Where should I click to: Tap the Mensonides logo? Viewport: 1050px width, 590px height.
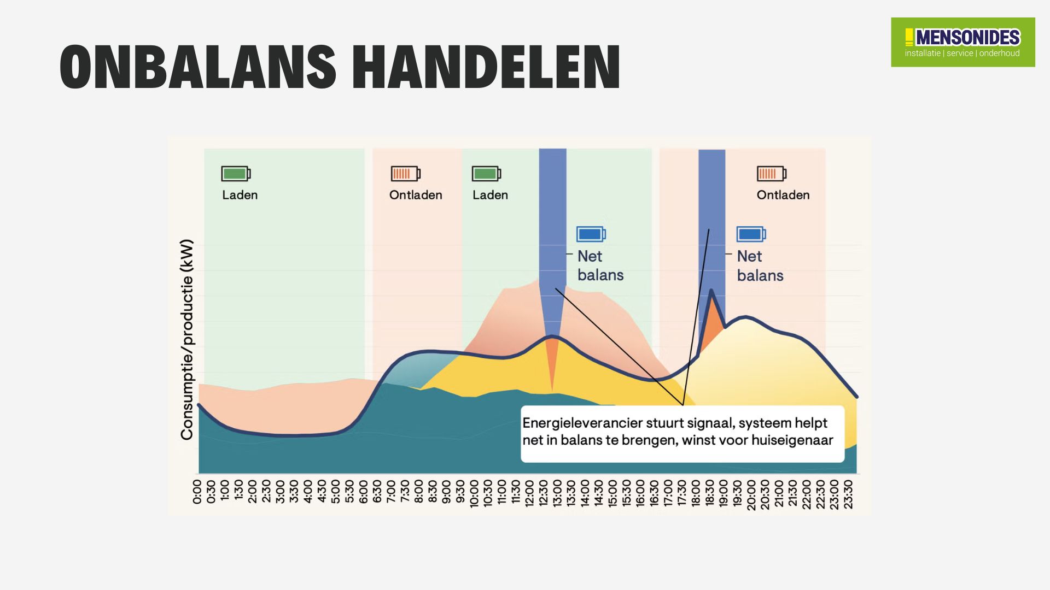pos(962,42)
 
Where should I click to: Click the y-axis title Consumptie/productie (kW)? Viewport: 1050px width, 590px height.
pos(187,339)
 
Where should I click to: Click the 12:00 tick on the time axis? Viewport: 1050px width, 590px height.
pos(529,494)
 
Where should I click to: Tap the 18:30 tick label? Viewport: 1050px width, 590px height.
pos(709,494)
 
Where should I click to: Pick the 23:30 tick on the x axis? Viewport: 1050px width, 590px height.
pos(848,494)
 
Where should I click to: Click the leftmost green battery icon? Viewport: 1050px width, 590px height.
pos(236,174)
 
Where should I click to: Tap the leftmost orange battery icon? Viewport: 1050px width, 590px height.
pos(405,174)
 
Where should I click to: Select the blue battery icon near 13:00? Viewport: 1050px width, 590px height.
pos(591,234)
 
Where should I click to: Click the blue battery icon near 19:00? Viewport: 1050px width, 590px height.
pos(751,234)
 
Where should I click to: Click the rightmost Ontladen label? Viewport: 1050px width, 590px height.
pos(783,195)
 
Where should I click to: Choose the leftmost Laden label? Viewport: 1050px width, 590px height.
pos(240,195)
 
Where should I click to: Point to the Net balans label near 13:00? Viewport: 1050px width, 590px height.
pos(600,265)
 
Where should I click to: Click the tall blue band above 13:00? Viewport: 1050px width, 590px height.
pos(552,219)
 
